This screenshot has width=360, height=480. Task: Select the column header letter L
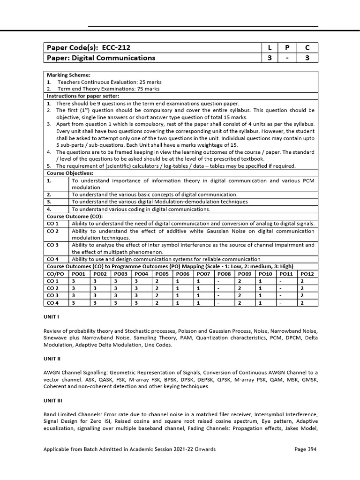[270, 48]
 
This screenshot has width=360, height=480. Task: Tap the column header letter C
[307, 48]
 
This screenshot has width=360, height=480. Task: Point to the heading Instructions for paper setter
[82, 96]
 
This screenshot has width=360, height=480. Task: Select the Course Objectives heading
[68, 173]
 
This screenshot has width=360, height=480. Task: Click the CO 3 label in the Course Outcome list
[53, 245]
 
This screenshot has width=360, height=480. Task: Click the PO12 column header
[307, 273]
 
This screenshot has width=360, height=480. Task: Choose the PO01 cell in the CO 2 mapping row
[73, 288]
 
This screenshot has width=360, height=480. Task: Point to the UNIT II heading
[52, 359]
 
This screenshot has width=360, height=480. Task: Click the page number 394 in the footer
[311, 449]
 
